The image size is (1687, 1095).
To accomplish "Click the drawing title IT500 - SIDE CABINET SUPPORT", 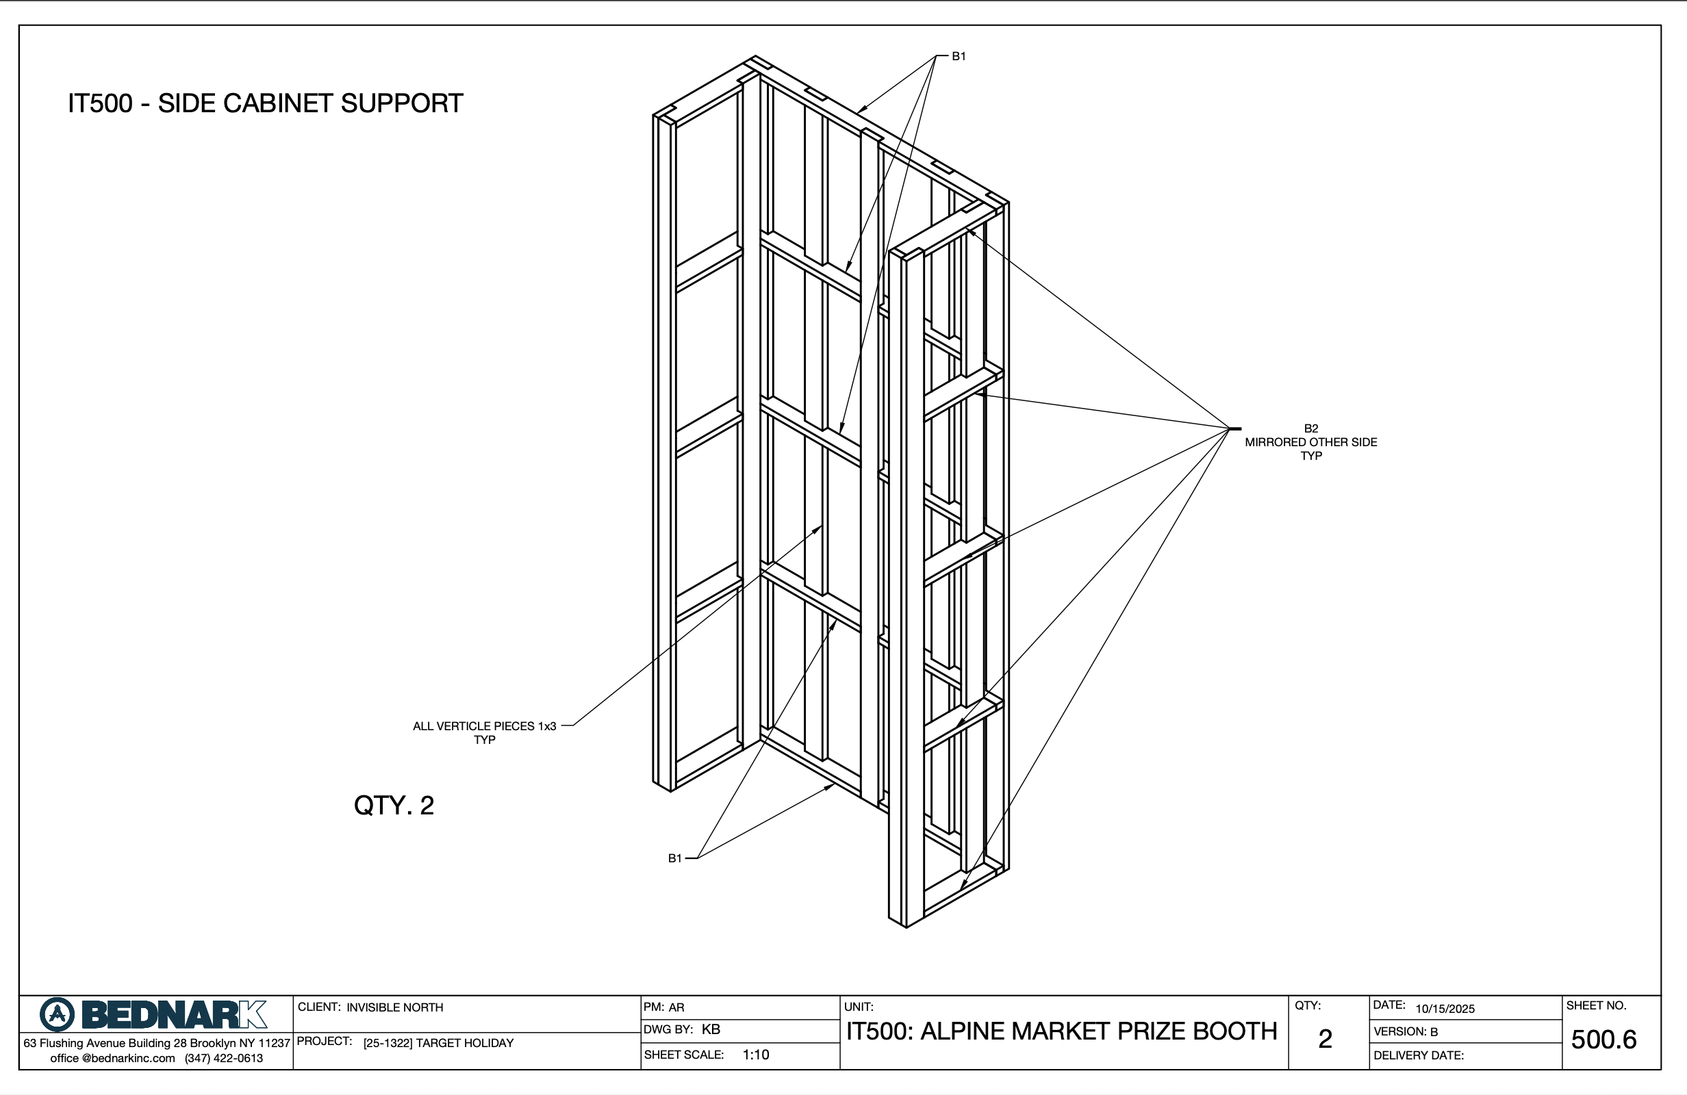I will [265, 103].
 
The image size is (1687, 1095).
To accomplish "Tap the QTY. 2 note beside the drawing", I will [394, 805].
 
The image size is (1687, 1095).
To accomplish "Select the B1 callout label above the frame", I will [959, 57].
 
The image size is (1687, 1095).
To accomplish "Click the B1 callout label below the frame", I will [675, 858].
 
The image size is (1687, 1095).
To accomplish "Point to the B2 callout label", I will [1310, 429].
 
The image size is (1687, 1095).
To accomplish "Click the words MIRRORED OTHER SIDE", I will [1310, 442].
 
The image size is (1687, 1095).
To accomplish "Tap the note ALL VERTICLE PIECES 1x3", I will [484, 726].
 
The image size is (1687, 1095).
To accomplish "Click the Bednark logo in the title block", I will [154, 1014].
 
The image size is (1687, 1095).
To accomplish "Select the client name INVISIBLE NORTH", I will [395, 1008].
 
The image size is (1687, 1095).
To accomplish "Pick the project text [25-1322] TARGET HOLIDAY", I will [438, 1043].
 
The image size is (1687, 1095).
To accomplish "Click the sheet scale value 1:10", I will [756, 1055].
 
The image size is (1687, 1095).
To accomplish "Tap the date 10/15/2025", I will [1445, 1009].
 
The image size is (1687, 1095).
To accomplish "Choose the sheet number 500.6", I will [1603, 1040].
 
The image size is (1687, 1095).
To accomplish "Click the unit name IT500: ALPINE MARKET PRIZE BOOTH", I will [1061, 1032].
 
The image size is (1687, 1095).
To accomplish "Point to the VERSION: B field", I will [1406, 1032].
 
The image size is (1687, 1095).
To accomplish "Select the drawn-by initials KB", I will [710, 1030].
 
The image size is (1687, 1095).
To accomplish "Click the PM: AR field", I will [664, 1008].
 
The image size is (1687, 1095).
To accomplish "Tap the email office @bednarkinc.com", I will [113, 1058].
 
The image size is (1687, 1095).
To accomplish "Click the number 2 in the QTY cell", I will [1325, 1039].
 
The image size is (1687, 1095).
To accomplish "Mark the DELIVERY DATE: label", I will [1419, 1055].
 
